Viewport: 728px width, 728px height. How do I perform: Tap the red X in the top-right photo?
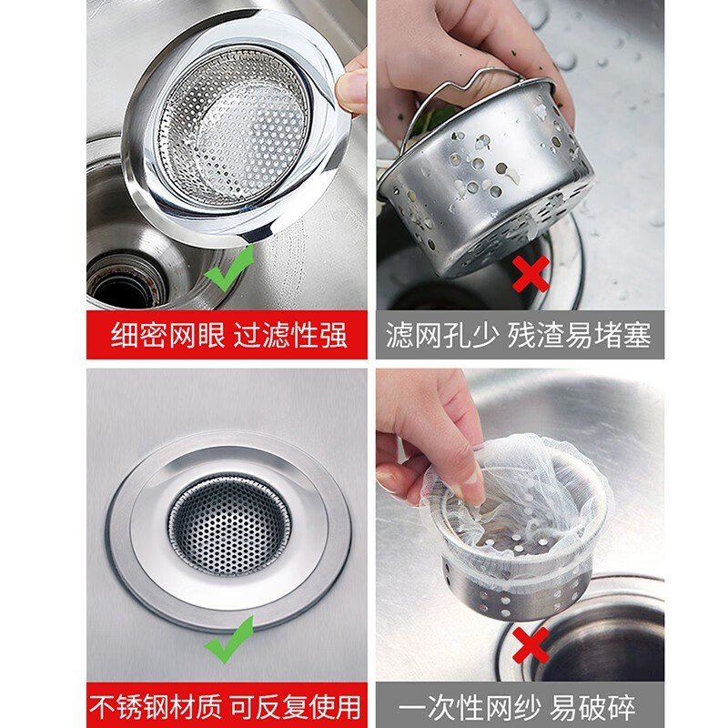[531, 272]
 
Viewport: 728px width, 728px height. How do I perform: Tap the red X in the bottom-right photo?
[532, 642]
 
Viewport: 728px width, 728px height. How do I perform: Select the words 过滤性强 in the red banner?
[289, 335]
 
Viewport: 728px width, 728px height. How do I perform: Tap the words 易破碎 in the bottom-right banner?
[598, 707]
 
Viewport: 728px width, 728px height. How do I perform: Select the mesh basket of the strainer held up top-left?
[233, 127]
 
